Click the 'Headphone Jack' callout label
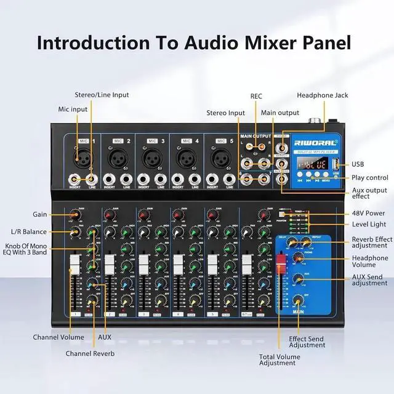(322, 95)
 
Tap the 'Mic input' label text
(73, 109)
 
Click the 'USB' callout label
(358, 164)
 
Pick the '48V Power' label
(368, 214)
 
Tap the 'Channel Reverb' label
(90, 353)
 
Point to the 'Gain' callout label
(40, 214)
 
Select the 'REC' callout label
(256, 96)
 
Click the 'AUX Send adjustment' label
(369, 279)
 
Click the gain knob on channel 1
(74, 215)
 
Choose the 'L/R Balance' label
(29, 231)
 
